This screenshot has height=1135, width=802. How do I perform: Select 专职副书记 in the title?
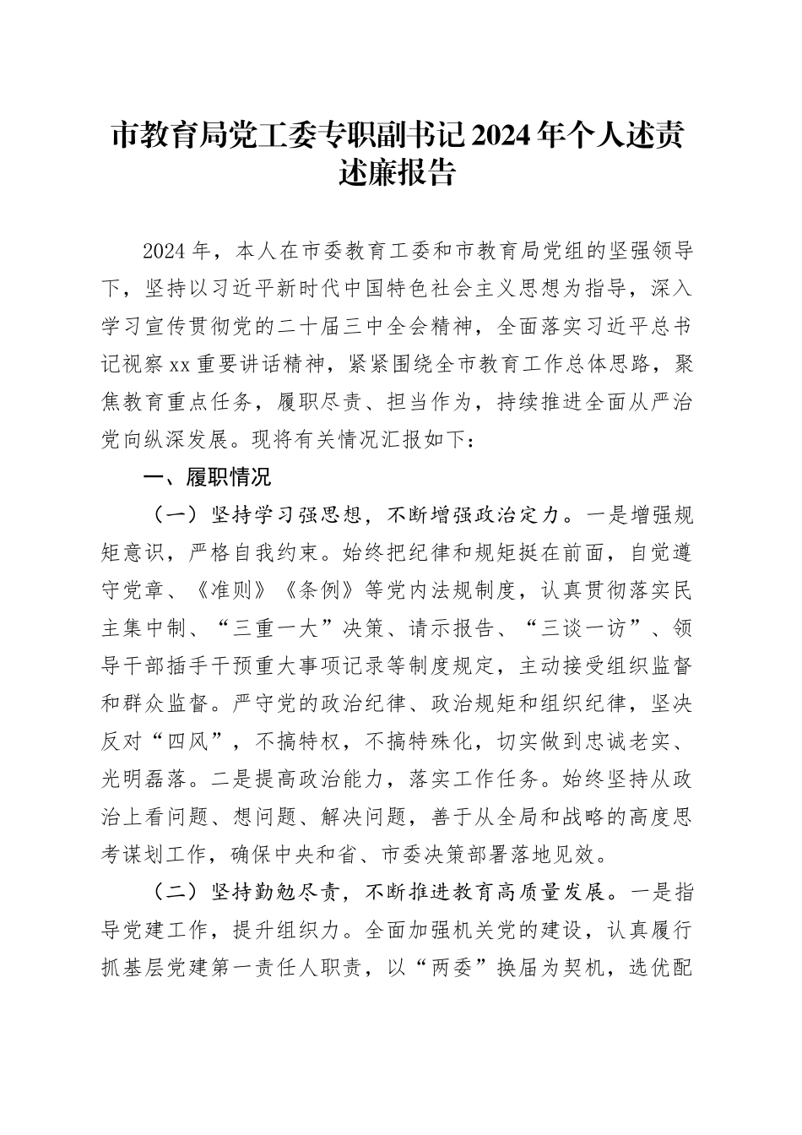(365, 135)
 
